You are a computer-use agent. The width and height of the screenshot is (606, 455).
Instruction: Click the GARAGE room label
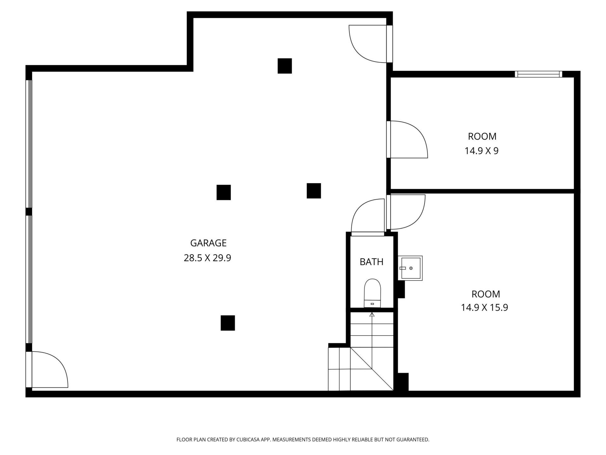(x=208, y=243)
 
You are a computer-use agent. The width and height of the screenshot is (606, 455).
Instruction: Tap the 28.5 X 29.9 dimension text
(x=207, y=258)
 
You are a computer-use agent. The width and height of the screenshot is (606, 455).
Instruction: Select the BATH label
(x=371, y=262)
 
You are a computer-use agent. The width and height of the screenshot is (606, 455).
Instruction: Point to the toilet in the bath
(x=372, y=293)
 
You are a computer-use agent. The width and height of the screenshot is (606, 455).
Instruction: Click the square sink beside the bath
(x=410, y=268)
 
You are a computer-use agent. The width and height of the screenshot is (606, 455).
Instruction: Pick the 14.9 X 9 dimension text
(x=481, y=151)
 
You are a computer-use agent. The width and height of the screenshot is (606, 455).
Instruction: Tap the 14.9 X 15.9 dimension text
(x=484, y=307)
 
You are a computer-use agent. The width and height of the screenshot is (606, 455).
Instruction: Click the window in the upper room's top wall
(x=538, y=74)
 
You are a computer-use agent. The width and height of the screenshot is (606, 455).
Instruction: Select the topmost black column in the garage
(x=285, y=66)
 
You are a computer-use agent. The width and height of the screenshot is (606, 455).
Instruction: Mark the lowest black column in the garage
(x=228, y=323)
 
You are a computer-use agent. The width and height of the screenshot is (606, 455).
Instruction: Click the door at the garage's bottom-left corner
(x=47, y=369)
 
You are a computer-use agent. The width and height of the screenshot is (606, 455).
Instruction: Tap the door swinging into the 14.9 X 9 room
(x=407, y=139)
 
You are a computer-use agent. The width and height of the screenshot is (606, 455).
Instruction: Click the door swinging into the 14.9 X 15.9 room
(x=406, y=212)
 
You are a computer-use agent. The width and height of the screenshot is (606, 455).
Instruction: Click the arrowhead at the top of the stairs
(x=372, y=314)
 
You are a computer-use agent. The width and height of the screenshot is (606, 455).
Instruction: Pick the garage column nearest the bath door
(x=314, y=191)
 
